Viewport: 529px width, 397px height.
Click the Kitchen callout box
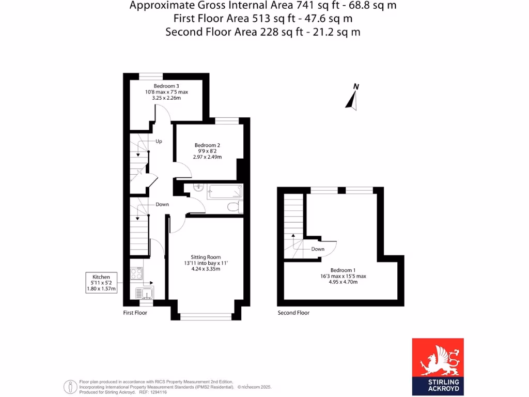click(101, 283)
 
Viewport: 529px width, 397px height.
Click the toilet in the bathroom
click(234, 207)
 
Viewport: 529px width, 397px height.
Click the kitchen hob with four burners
click(136, 273)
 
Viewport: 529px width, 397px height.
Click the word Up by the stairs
click(159, 141)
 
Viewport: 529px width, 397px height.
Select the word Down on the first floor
click(162, 204)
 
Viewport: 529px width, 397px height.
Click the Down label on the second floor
click(318, 249)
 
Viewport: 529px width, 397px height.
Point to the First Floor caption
click(135, 313)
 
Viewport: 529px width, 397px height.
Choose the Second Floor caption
click(293, 313)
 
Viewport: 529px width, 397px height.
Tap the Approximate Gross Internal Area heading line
click(263, 6)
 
